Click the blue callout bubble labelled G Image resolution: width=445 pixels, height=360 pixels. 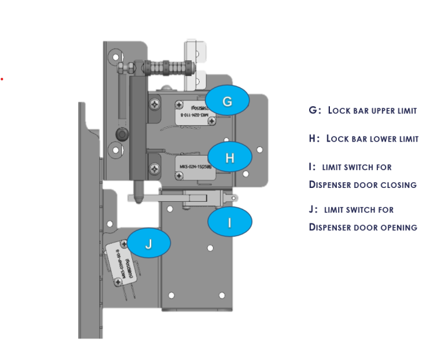pyautogui.click(x=228, y=101)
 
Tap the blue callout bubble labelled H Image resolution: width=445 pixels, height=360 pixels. pyautogui.click(x=229, y=158)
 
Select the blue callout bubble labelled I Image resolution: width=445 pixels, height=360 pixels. pyautogui.click(x=229, y=222)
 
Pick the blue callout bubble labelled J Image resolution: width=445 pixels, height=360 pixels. pyautogui.click(x=149, y=244)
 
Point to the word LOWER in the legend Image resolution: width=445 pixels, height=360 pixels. pyautogui.click(x=367, y=139)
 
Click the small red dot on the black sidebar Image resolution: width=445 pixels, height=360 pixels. pyautogui.click(x=2, y=79)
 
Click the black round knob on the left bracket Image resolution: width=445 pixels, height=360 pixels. pyautogui.click(x=121, y=134)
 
